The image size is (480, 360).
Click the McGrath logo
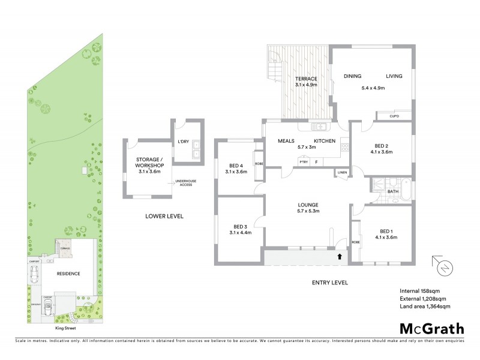click(431, 328)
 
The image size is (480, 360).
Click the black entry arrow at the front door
click(341, 256)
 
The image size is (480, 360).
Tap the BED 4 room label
click(236, 166)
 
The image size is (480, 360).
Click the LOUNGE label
click(307, 205)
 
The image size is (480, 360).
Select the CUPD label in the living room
click(394, 116)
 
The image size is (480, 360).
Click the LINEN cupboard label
click(342, 173)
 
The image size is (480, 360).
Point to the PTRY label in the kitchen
click(304, 161)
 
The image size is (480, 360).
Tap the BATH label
click(393, 192)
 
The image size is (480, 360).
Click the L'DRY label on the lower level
click(184, 142)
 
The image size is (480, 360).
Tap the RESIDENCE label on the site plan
click(69, 274)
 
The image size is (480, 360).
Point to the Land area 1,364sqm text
click(425, 307)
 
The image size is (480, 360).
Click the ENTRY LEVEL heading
click(331, 283)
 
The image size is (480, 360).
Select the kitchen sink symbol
click(319, 127)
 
